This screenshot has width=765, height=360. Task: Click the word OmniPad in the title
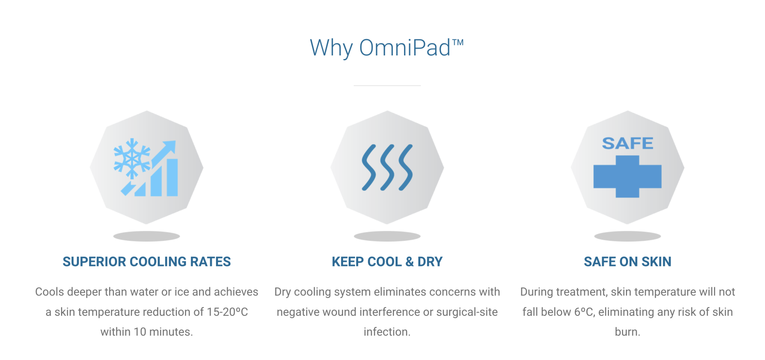click(405, 48)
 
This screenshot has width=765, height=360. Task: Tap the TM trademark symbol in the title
click(458, 42)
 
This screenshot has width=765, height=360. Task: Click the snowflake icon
click(131, 159)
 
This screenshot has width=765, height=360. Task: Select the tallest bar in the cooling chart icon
click(172, 177)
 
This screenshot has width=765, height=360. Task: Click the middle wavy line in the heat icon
click(387, 167)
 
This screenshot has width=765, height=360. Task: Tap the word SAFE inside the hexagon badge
click(628, 143)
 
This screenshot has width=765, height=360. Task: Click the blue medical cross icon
click(628, 177)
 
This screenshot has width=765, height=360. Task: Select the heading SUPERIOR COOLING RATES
click(147, 262)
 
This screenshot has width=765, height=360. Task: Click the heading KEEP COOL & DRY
click(387, 262)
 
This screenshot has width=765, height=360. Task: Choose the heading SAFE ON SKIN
click(628, 262)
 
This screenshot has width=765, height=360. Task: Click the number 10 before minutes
click(140, 332)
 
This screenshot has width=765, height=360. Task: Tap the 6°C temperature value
click(585, 312)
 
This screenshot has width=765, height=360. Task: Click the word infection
click(387, 332)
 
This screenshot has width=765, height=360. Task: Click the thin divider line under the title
click(387, 85)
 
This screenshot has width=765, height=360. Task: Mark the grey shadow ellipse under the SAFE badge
click(628, 236)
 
